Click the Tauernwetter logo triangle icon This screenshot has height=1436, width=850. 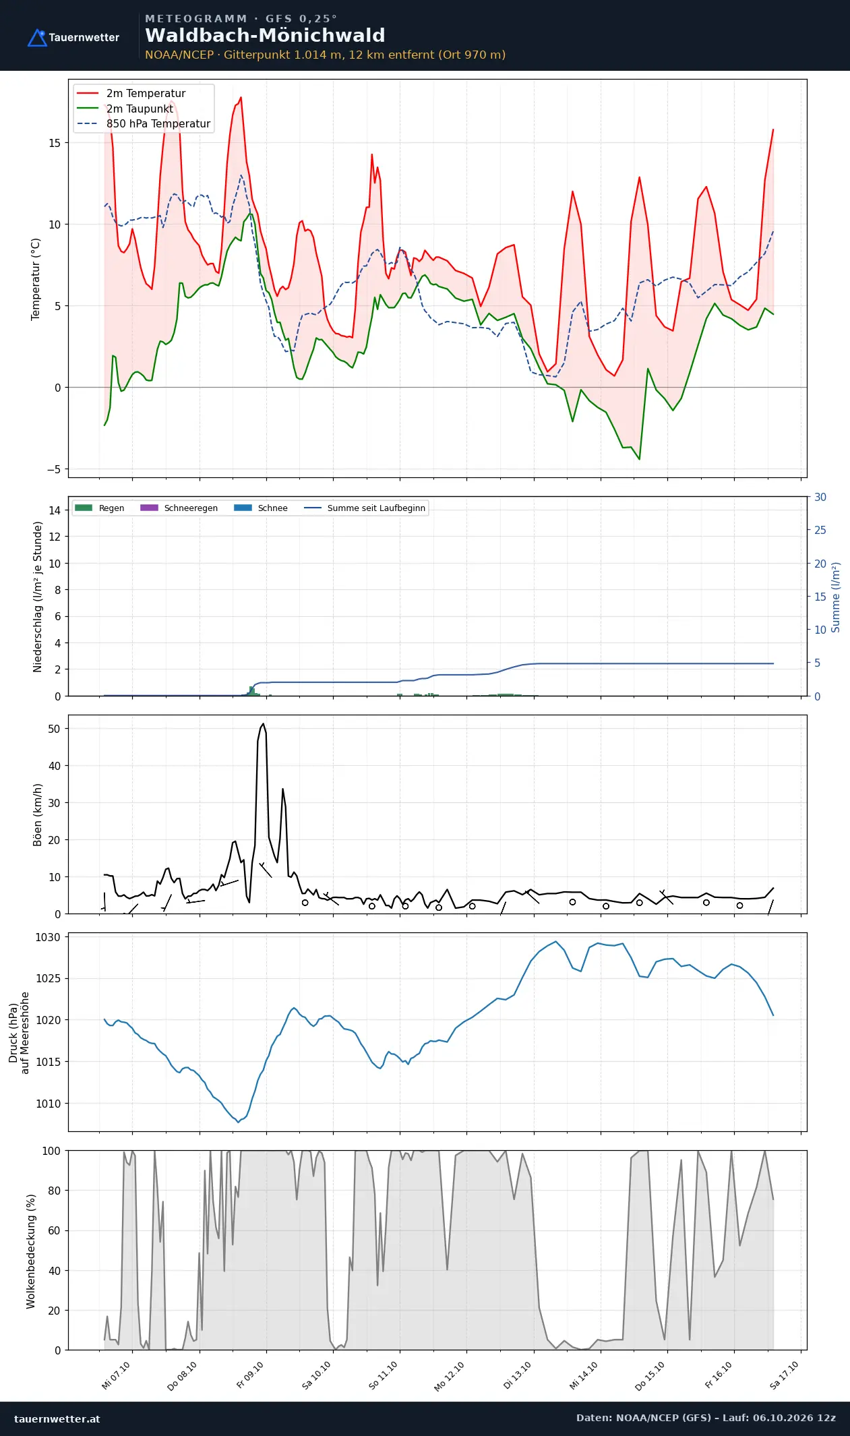coord(37,38)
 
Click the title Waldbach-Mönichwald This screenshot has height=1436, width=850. coord(265,35)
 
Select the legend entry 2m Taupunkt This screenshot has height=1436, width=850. coord(140,109)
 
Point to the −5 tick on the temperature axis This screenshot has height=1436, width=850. coord(53,469)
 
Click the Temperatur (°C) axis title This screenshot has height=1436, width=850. coord(36,279)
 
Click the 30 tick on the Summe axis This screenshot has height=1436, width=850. coord(820,497)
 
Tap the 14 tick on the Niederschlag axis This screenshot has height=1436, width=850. coord(55,510)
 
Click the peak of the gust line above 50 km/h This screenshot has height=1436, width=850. coord(264,723)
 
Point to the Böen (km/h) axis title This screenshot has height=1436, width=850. coord(38,814)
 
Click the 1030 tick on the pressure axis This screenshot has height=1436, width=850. coord(48,937)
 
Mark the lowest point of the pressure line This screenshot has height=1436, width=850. coord(238,1122)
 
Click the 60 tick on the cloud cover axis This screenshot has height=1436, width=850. coord(55,1230)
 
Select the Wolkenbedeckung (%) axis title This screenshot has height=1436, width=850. coord(31,1251)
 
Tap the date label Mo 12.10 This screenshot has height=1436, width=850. coord(450,1376)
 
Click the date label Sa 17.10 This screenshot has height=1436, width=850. coord(784,1375)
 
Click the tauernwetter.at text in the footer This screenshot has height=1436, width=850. coord(57,1418)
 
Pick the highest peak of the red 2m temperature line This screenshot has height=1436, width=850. coord(241,98)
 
